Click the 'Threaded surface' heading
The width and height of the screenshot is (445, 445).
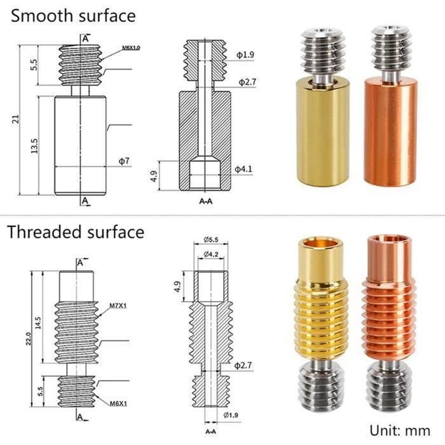pos(76,232)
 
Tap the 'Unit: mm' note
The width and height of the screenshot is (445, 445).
pos(400,431)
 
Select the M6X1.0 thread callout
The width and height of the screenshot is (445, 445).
pos(131,48)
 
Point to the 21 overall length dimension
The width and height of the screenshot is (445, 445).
pos(16,120)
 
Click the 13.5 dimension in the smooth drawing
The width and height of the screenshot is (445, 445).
pos(34,146)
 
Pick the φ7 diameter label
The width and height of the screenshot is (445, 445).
pos(124,161)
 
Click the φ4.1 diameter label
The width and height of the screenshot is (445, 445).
pos(243,169)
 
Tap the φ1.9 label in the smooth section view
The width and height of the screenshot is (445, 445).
pos(245,55)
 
